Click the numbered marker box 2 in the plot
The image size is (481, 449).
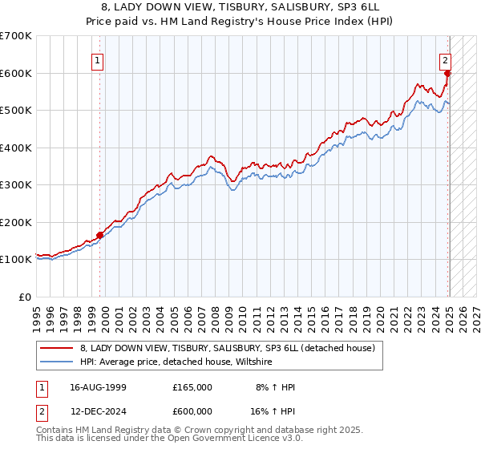(445, 59)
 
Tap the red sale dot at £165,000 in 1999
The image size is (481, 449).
(100, 235)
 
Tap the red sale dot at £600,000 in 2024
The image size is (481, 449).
(448, 73)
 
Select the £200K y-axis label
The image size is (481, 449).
(16, 222)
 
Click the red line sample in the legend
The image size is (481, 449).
(57, 349)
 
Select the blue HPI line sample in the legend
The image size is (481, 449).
(57, 362)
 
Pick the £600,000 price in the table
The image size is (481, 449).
(192, 410)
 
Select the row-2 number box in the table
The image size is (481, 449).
(41, 410)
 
